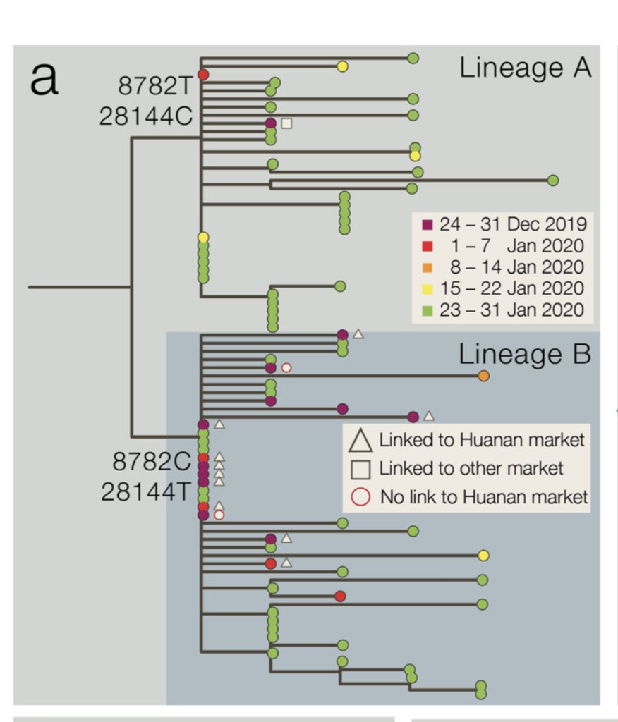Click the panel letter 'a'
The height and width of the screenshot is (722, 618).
(x=44, y=80)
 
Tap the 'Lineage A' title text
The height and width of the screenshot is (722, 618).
(x=525, y=68)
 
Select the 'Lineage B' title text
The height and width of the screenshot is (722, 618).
(x=524, y=354)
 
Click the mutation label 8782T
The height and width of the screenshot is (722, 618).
(x=154, y=86)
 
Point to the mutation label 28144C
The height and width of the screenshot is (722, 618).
(x=145, y=116)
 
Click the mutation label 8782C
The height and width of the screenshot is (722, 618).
(x=152, y=462)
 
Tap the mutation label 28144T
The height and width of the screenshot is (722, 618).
(x=146, y=491)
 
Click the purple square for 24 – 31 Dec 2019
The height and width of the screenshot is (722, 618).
(x=427, y=225)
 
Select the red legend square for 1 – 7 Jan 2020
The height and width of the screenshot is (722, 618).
(x=427, y=246)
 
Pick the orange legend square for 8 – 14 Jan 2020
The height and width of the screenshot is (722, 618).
(x=427, y=267)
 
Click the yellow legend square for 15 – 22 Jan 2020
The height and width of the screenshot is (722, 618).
(x=427, y=288)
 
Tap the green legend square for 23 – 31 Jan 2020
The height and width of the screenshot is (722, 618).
(x=427, y=310)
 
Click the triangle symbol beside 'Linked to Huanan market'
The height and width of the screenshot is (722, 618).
(x=360, y=441)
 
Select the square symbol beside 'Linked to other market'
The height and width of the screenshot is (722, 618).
(x=360, y=468)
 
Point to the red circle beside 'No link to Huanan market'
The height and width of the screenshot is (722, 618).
(x=360, y=496)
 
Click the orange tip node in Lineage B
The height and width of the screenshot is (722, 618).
(x=483, y=376)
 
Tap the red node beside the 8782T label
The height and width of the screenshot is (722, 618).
(x=203, y=74)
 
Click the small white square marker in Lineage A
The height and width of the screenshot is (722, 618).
(x=286, y=123)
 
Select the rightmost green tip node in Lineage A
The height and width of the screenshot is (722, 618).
(x=553, y=180)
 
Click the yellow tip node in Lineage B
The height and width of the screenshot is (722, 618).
(x=483, y=556)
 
